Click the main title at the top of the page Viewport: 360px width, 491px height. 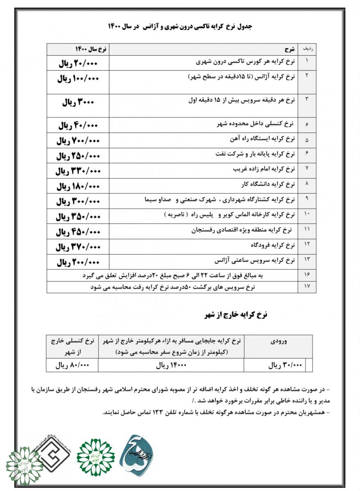181,27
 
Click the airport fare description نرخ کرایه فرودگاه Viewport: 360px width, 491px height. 272,245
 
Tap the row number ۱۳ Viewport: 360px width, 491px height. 307,260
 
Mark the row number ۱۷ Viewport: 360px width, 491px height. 307,287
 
